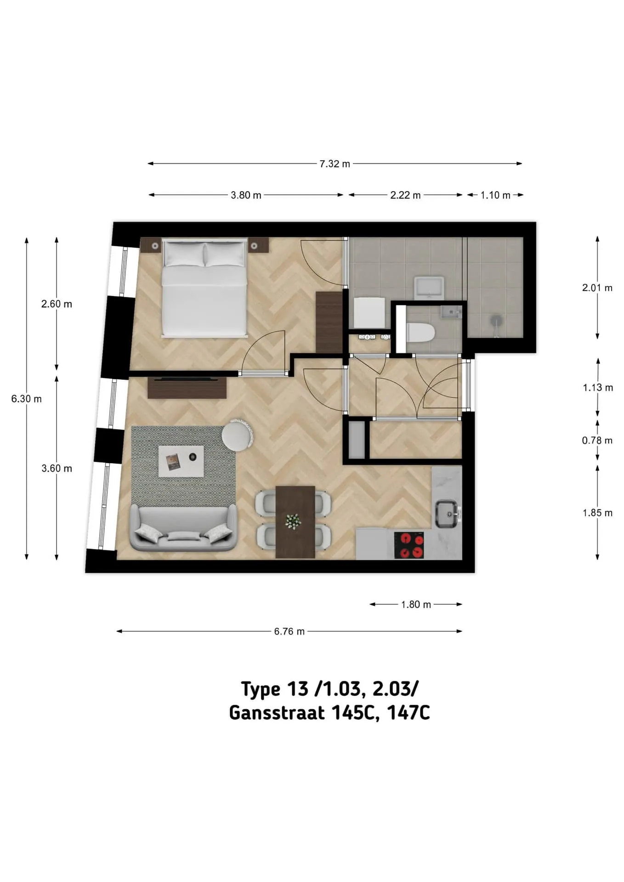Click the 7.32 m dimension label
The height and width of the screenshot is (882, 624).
click(x=335, y=164)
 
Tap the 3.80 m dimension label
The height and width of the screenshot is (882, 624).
click(x=246, y=195)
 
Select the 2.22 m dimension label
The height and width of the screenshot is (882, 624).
click(x=405, y=195)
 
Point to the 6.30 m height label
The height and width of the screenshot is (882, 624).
click(x=26, y=399)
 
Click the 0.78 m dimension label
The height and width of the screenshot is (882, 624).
click(x=597, y=441)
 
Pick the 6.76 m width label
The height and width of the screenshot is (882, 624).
click(x=289, y=632)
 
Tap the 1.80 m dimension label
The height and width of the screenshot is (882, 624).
click(x=416, y=605)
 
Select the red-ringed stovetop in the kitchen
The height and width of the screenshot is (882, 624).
click(x=409, y=545)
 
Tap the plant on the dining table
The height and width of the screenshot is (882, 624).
click(x=293, y=521)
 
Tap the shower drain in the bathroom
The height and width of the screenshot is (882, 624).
click(x=495, y=320)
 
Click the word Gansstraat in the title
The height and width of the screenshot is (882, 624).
click(x=277, y=713)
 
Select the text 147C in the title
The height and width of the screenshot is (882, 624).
click(x=408, y=713)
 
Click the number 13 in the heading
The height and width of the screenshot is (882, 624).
click(x=298, y=689)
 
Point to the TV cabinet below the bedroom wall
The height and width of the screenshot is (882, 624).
click(x=187, y=388)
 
